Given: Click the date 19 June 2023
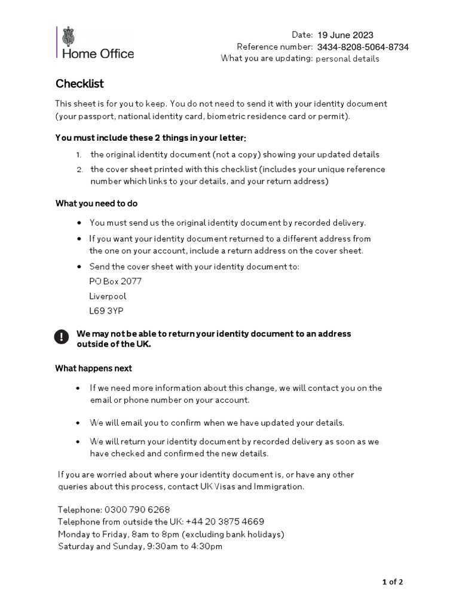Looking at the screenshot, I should pos(345,35).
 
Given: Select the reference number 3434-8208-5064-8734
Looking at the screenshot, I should pos(363,47).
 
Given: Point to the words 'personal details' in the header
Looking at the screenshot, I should pos(347,59).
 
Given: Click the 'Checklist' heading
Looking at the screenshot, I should pos(79,83).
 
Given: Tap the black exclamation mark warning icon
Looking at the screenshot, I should pos(62,337).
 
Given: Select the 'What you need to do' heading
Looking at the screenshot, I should pos(96,204).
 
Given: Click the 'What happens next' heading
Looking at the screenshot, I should pos(94,368).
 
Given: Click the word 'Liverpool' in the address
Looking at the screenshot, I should pos(108,296).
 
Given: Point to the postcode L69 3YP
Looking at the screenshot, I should pos(106,311).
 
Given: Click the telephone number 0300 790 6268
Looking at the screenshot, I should pos(137,509).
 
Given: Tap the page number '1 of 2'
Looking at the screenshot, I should pos(393,581).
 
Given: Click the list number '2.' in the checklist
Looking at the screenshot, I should pos(79,169).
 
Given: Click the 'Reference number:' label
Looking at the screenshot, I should pos(274,47).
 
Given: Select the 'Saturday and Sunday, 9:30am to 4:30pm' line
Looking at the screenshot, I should pos(140,546).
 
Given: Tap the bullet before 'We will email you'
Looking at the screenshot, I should pos(78,423).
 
